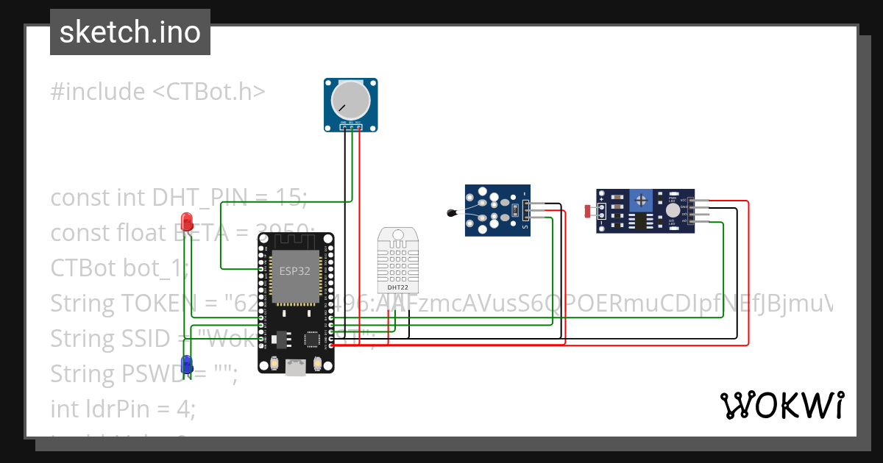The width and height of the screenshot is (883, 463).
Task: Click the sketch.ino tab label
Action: [x=130, y=32]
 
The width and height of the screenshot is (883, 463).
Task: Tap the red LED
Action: [x=187, y=220]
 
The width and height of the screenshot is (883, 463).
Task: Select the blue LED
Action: [x=187, y=363]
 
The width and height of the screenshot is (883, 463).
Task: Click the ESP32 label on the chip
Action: [x=294, y=270]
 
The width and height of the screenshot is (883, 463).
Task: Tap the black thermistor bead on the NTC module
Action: [x=451, y=213]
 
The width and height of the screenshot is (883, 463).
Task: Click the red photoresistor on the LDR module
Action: [x=589, y=211]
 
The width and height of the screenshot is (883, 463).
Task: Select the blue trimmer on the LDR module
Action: [x=643, y=199]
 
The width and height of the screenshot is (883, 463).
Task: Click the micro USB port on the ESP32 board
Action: [x=296, y=367]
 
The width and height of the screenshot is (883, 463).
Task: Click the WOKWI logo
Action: [x=781, y=406]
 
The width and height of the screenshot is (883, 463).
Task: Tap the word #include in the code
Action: [x=98, y=92]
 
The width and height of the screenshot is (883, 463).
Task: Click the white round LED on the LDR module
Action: [x=673, y=210]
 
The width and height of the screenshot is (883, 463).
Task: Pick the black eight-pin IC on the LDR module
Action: [x=642, y=220]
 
